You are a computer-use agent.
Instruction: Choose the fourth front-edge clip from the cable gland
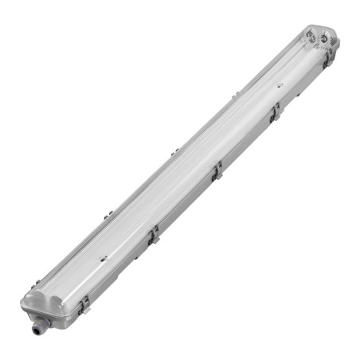pyautogui.click(x=275, y=113)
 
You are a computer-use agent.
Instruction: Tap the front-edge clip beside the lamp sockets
pyautogui.click(x=327, y=59)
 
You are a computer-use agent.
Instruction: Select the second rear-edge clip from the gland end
pyautogui.click(x=108, y=213)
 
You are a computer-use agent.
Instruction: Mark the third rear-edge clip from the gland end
pyautogui.click(x=173, y=151)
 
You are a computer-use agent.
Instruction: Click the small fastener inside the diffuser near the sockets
pyautogui.click(x=280, y=83)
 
